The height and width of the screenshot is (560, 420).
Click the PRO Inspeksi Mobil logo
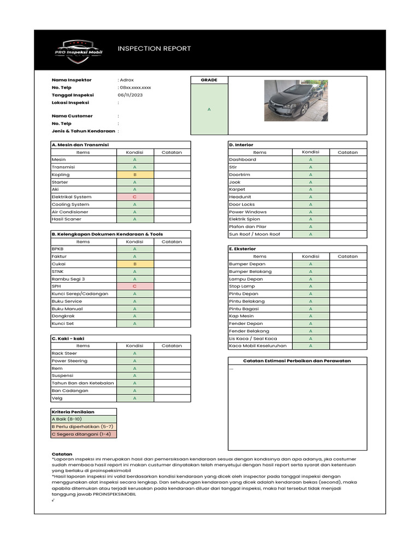click(79, 50)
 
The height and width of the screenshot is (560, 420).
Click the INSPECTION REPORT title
click(154, 49)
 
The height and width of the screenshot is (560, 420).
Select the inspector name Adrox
click(127, 80)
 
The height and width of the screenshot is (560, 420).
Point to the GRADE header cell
click(209, 80)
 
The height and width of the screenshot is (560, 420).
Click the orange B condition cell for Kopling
click(135, 174)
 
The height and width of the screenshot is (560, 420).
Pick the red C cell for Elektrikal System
click(135, 197)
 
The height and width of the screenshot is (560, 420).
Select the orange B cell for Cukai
click(135, 264)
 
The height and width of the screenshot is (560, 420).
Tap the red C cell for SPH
click(135, 286)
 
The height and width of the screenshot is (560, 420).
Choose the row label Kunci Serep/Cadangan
click(80, 294)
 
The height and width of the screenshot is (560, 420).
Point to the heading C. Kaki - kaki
click(68, 339)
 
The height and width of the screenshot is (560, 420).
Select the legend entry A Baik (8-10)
click(67, 419)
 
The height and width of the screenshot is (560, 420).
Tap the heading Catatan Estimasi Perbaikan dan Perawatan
click(297, 361)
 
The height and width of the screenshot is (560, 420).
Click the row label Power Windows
click(248, 212)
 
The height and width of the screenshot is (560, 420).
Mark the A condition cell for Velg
click(135, 398)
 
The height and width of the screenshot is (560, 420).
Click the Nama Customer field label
click(72, 116)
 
